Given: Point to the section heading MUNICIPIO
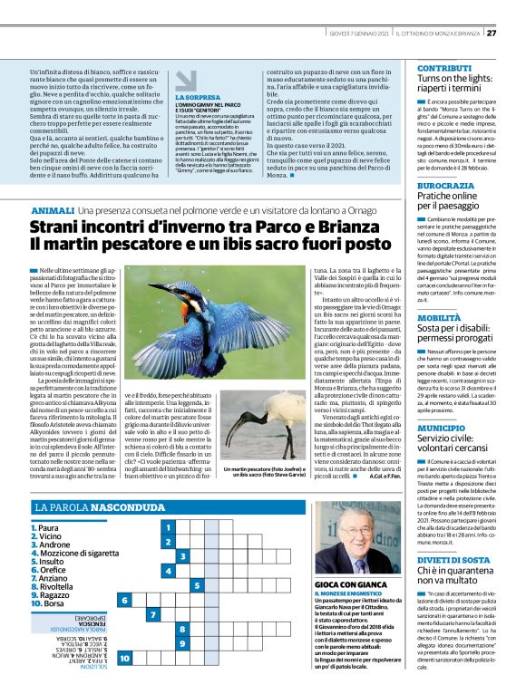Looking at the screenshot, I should (x=442, y=425).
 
